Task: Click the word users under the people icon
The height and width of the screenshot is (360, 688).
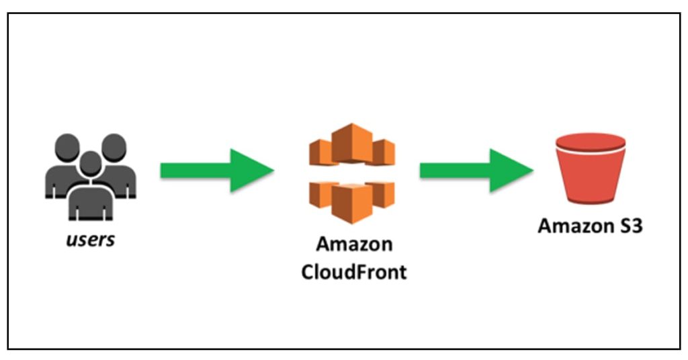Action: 90,239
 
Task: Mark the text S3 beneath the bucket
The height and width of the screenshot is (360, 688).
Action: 630,226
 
